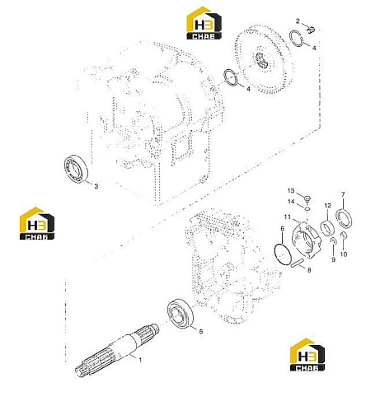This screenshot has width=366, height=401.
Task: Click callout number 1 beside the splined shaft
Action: point(140,360)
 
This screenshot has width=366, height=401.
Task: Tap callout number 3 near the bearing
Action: point(96,186)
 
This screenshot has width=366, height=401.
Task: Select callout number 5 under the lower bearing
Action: point(201,332)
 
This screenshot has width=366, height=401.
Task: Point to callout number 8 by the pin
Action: point(309,270)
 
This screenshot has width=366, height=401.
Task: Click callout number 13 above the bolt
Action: point(291,191)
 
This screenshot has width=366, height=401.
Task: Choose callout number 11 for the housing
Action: point(287,217)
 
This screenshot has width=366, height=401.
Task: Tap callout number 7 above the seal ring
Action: point(343,194)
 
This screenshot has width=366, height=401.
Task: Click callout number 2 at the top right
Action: point(298,21)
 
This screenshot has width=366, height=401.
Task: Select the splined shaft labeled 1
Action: point(117,350)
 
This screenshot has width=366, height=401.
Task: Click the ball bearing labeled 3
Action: point(76,169)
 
